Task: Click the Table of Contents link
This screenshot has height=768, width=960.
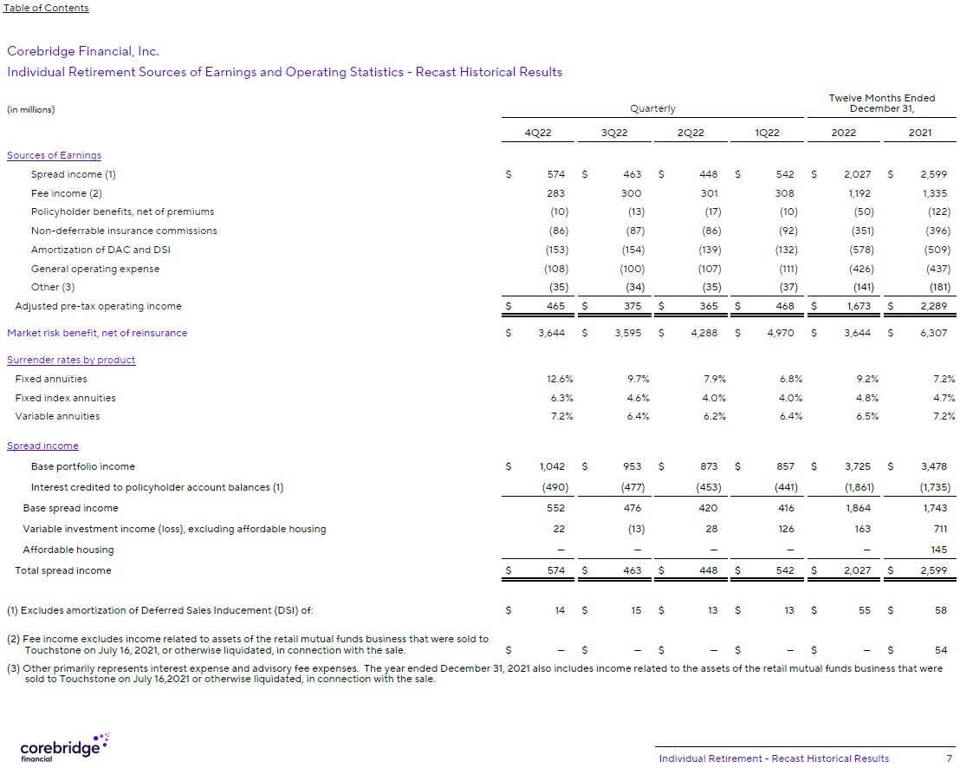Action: [x=46, y=8]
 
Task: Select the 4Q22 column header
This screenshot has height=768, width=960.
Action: [x=538, y=133]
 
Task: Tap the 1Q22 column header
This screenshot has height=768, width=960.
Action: [x=767, y=133]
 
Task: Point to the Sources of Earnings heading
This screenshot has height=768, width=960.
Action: [x=54, y=155]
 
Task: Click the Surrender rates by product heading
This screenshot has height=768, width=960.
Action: [x=71, y=360]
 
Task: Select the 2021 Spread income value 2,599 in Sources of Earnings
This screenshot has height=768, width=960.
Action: [x=932, y=174]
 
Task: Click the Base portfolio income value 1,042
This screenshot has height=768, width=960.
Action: [x=552, y=466]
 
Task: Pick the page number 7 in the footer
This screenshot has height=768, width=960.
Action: [x=950, y=758]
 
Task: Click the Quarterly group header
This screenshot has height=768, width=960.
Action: [x=652, y=108]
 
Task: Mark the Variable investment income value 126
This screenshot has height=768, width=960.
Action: [x=786, y=529]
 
